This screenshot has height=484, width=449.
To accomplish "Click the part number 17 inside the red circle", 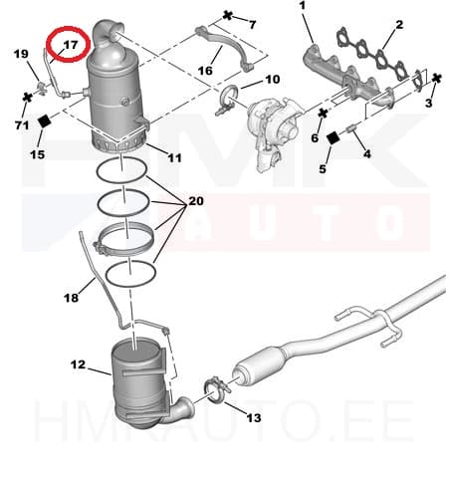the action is tap(70, 45).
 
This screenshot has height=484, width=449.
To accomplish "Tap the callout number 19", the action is tap(21, 54).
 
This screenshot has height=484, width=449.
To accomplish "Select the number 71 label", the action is tap(22, 125).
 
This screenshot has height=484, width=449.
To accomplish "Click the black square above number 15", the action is tap(44, 121).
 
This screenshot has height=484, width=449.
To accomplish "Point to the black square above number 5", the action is tap(333, 137).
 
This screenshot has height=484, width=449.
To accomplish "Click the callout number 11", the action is tap(174, 157).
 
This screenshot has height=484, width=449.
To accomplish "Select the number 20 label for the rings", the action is tap(196, 201).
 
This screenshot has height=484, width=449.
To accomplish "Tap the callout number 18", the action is tap(71, 298).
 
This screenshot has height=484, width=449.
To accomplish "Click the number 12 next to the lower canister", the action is tap(78, 364).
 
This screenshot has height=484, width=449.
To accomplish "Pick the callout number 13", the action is tap(254, 417).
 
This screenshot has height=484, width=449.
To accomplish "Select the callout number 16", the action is tap(205, 71).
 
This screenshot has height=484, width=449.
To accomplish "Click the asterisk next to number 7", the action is tap(228, 15).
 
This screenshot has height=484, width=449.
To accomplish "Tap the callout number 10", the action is tap(273, 80).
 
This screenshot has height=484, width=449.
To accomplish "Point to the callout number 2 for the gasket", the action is tap(399, 24).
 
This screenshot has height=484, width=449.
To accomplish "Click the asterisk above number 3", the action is tap(437, 79).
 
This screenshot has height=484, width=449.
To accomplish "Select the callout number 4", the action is tap(366, 153).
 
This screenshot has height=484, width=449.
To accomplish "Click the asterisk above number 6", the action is tap(323, 114).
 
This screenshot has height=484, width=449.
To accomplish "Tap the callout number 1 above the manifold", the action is tap(302, 6).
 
